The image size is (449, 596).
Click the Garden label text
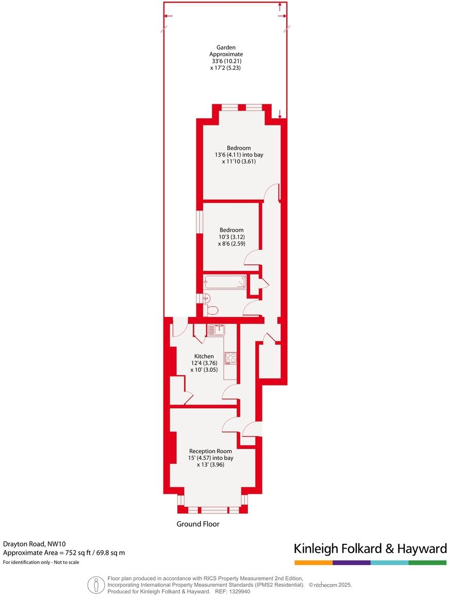click(x=226, y=47)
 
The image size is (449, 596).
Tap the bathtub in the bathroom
click(x=225, y=282)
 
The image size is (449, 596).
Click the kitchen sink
click(x=215, y=330)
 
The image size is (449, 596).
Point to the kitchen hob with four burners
click(x=230, y=357)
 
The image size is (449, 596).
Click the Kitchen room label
click(x=204, y=357)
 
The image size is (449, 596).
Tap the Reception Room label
click(x=210, y=451)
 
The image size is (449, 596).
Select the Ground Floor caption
click(x=198, y=524)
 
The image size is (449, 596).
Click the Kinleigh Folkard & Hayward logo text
click(x=370, y=548)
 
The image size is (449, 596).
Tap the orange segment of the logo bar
click(x=313, y=562)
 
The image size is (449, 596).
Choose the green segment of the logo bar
click(x=427, y=562)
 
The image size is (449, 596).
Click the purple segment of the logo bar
click(x=352, y=562)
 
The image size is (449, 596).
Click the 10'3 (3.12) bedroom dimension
click(x=231, y=237)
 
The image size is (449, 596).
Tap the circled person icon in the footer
click(x=96, y=585)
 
